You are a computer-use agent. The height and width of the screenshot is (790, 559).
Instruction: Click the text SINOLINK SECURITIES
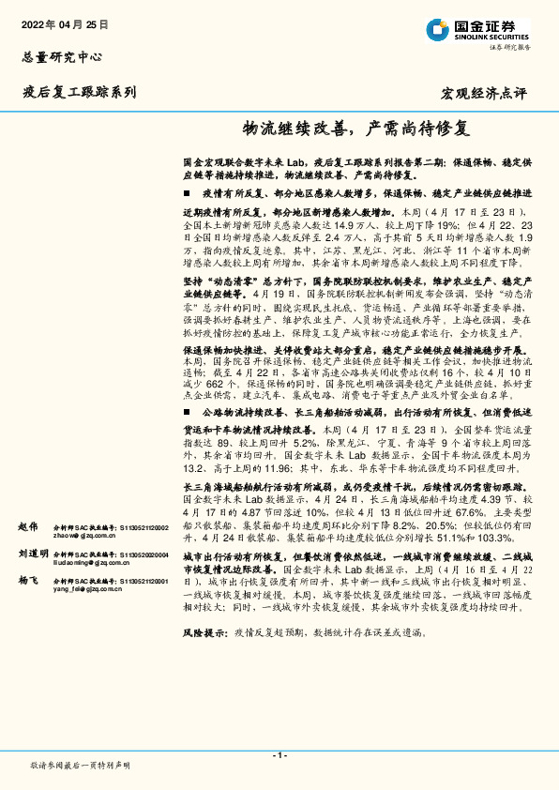[490, 35]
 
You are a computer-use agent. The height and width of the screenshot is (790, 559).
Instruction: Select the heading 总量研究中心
[62, 57]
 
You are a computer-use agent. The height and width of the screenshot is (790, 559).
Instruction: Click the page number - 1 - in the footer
[279, 755]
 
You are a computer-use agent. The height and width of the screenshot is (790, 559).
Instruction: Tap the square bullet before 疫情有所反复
[186, 191]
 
